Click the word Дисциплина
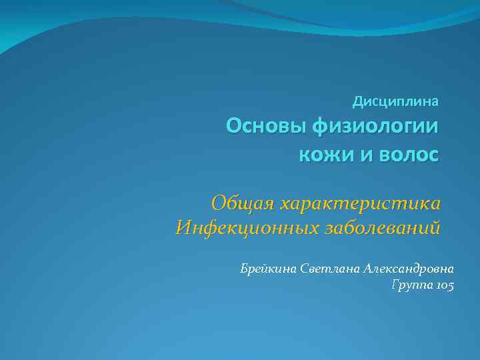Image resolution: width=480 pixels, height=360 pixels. point(395,103)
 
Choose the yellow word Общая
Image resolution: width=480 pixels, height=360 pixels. point(242,202)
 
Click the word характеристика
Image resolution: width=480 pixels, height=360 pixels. point(360,202)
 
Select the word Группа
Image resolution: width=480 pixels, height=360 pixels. point(412,286)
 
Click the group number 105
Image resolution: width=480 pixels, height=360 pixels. point(444,286)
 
